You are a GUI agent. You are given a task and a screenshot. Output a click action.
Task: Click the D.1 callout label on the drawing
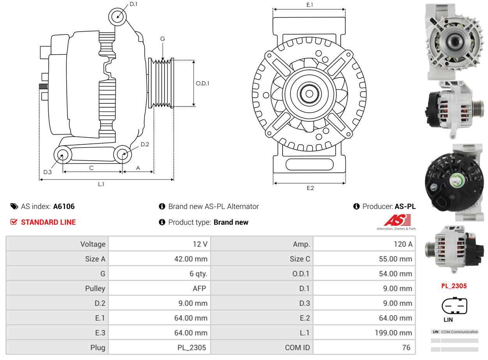click(133, 4)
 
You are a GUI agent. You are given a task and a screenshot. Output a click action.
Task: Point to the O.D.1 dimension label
click(202, 83)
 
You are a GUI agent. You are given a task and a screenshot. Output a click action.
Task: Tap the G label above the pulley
click(163, 39)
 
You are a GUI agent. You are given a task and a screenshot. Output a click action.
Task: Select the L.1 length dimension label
click(101, 184)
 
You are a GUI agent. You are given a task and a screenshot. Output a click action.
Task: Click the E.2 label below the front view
click(310, 188)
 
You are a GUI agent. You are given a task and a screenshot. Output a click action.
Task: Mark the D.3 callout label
click(48, 172)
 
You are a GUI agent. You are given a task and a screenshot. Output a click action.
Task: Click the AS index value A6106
click(64, 206)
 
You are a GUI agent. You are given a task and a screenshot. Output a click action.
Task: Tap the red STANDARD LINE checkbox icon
click(14, 222)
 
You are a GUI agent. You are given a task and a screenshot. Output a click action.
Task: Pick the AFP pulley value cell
click(159, 288)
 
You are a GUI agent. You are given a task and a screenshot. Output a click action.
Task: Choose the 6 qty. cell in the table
click(159, 273)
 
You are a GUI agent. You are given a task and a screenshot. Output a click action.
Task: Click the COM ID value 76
click(406, 348)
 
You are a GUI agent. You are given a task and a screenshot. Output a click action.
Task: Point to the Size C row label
click(300, 259)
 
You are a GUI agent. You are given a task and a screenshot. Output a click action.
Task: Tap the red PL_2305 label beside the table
click(454, 286)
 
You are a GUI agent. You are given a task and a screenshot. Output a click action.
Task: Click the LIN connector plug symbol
click(454, 305)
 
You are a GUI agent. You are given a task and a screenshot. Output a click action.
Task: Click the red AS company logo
click(397, 220)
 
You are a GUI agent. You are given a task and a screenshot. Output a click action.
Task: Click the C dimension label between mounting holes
click(91, 168)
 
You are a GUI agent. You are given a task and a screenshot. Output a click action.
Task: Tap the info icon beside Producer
click(356, 206)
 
